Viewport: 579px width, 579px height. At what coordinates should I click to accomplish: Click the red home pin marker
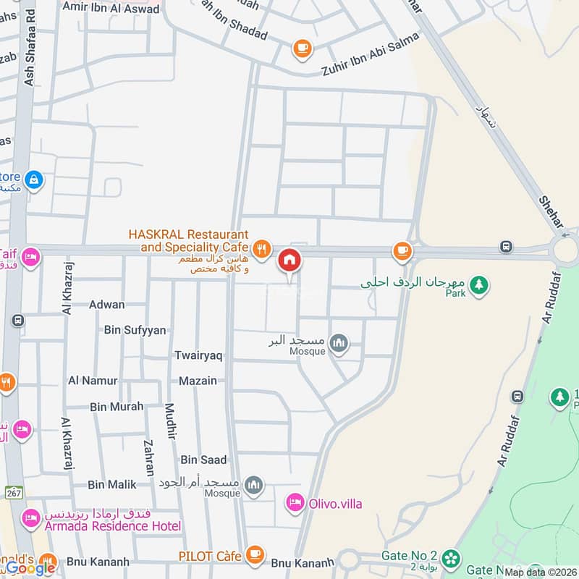click(x=289, y=260)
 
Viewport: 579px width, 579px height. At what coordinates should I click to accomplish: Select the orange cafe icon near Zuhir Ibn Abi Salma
click(x=302, y=48)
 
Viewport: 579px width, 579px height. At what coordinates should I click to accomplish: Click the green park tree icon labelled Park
click(x=478, y=284)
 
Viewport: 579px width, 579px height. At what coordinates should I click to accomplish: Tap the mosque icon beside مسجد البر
click(x=338, y=342)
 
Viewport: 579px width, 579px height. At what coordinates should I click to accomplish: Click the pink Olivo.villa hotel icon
click(x=295, y=503)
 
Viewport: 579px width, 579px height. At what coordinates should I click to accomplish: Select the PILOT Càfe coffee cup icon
click(x=254, y=554)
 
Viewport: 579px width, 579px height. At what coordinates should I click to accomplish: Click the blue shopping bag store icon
click(x=33, y=179)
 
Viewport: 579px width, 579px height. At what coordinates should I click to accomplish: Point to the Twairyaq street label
click(x=198, y=355)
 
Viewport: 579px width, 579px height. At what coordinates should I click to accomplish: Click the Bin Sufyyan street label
click(x=135, y=330)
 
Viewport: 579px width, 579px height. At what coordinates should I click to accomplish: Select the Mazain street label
click(x=198, y=380)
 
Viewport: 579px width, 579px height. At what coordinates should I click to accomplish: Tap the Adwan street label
click(x=106, y=305)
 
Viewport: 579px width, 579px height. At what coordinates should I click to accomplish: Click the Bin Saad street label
click(x=203, y=460)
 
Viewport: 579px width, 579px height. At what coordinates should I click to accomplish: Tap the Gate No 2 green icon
click(x=452, y=558)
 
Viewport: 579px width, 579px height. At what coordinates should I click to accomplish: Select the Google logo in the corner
click(x=30, y=567)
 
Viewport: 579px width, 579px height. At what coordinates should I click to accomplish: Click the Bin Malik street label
click(x=111, y=484)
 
